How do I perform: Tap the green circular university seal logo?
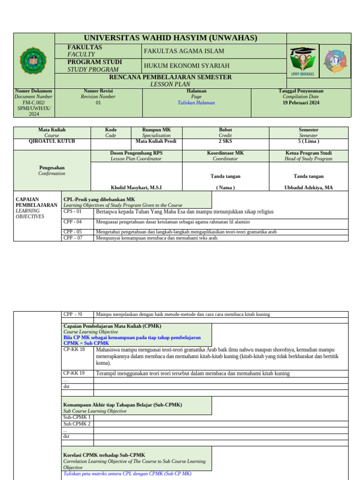[34, 60]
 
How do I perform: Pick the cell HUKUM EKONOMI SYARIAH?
[187, 66]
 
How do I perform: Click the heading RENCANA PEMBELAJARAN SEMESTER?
[171, 77]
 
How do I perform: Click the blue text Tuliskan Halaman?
[196, 103]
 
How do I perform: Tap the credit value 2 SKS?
[225, 141]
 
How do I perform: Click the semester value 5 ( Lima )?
[308, 141]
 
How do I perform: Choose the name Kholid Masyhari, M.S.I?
[136, 187]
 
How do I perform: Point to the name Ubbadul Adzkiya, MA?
[308, 187]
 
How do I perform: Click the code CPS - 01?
[73, 211]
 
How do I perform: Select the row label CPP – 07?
[73, 238]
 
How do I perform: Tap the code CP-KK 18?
[74, 349]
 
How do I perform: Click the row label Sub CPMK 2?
[77, 424]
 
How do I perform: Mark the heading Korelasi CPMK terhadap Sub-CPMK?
[104, 455]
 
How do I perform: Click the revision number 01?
[98, 103]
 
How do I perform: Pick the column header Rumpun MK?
[157, 130]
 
